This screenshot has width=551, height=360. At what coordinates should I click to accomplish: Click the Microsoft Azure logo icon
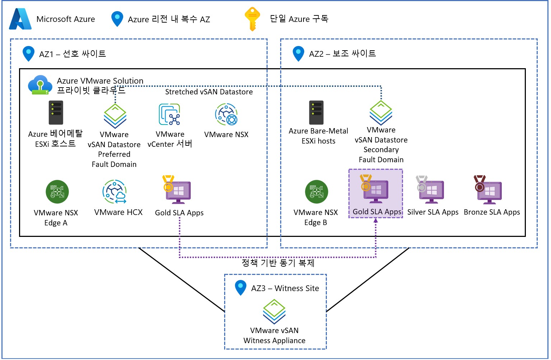tap(20, 19)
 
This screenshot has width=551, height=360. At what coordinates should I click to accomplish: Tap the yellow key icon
tap(252, 19)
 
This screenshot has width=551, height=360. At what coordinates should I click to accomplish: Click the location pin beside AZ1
tap(28, 53)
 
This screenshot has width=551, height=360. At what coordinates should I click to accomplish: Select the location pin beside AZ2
tap(298, 53)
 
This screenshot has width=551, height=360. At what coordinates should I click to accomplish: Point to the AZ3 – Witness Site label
tap(285, 288)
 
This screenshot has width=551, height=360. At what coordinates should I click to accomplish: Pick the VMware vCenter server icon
tap(170, 114)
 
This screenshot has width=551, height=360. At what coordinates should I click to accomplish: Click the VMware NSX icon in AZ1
tap(226, 114)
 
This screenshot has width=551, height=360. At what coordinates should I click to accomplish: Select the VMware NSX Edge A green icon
tap(57, 192)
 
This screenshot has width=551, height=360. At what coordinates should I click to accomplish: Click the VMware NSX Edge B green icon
tap(316, 192)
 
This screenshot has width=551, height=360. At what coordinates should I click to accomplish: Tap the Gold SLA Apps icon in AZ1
tap(177, 190)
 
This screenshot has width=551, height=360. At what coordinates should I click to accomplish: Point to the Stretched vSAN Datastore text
tap(209, 92)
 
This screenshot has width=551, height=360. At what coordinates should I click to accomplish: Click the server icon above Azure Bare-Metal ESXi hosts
tap(316, 112)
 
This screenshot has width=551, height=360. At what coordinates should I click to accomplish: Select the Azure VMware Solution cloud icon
tap(39, 85)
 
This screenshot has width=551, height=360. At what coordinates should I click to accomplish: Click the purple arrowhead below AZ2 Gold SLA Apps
tap(376, 220)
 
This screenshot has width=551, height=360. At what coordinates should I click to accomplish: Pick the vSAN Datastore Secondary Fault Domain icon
tap(381, 113)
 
